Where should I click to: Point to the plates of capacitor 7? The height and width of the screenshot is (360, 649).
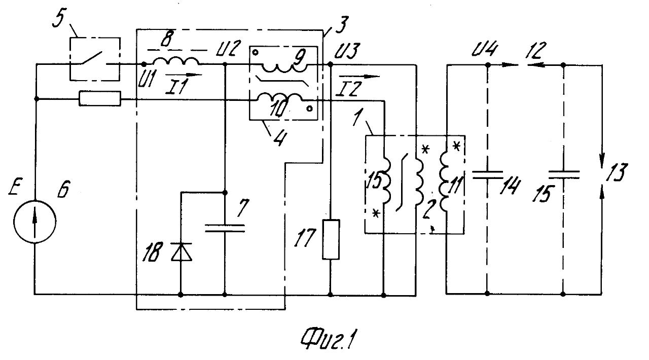tap(225, 227)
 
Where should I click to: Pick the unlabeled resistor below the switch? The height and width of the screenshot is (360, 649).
tap(100, 98)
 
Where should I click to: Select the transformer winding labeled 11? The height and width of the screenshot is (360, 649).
tap(447, 183)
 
